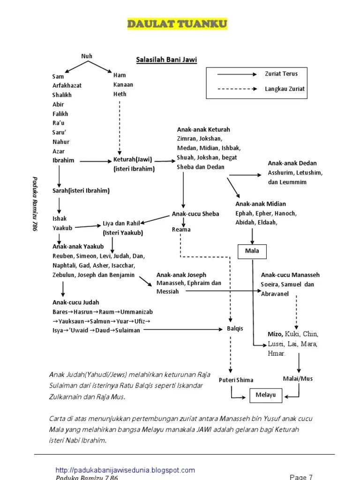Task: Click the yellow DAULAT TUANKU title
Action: pos(178,24)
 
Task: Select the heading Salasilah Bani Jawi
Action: pos(166,60)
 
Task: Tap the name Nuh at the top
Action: pos(87,56)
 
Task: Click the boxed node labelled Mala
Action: pos(252,251)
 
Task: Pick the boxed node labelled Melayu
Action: pos(266,395)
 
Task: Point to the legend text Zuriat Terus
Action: pos(281,74)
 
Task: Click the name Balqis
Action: pos(235,329)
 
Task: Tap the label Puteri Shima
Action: pos(236,380)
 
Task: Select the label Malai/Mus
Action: pos(298,378)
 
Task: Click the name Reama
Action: pos(181,230)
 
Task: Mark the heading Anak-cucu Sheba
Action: pos(195,214)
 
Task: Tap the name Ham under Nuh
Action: pos(120,75)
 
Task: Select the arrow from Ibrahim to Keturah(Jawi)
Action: pos(94,161)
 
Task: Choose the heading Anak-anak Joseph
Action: pos(181,275)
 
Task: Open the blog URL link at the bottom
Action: pos(125,470)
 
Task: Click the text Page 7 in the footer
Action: pos(301,477)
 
